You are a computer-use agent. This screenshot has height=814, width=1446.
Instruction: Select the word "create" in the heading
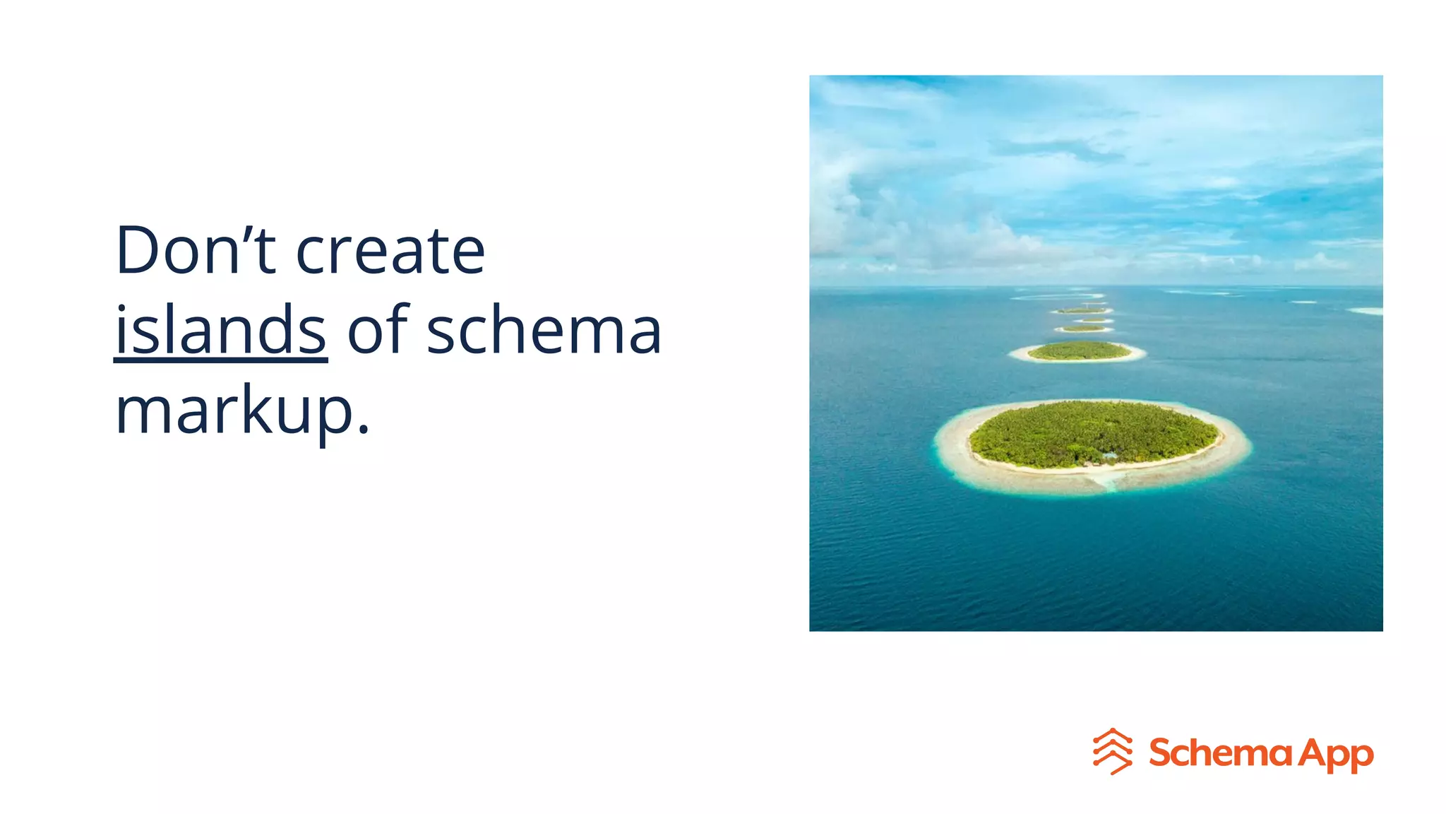(390, 252)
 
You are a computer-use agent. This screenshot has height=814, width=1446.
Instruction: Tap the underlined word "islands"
(220, 330)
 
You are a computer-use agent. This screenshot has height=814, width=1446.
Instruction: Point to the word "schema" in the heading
(544, 331)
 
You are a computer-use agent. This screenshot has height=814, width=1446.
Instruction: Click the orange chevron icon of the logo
(1112, 751)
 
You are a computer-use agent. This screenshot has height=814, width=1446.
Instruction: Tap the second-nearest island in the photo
(1078, 350)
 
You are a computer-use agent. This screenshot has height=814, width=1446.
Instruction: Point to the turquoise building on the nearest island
(1110, 456)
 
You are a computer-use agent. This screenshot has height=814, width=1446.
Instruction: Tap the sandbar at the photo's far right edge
(1368, 311)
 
